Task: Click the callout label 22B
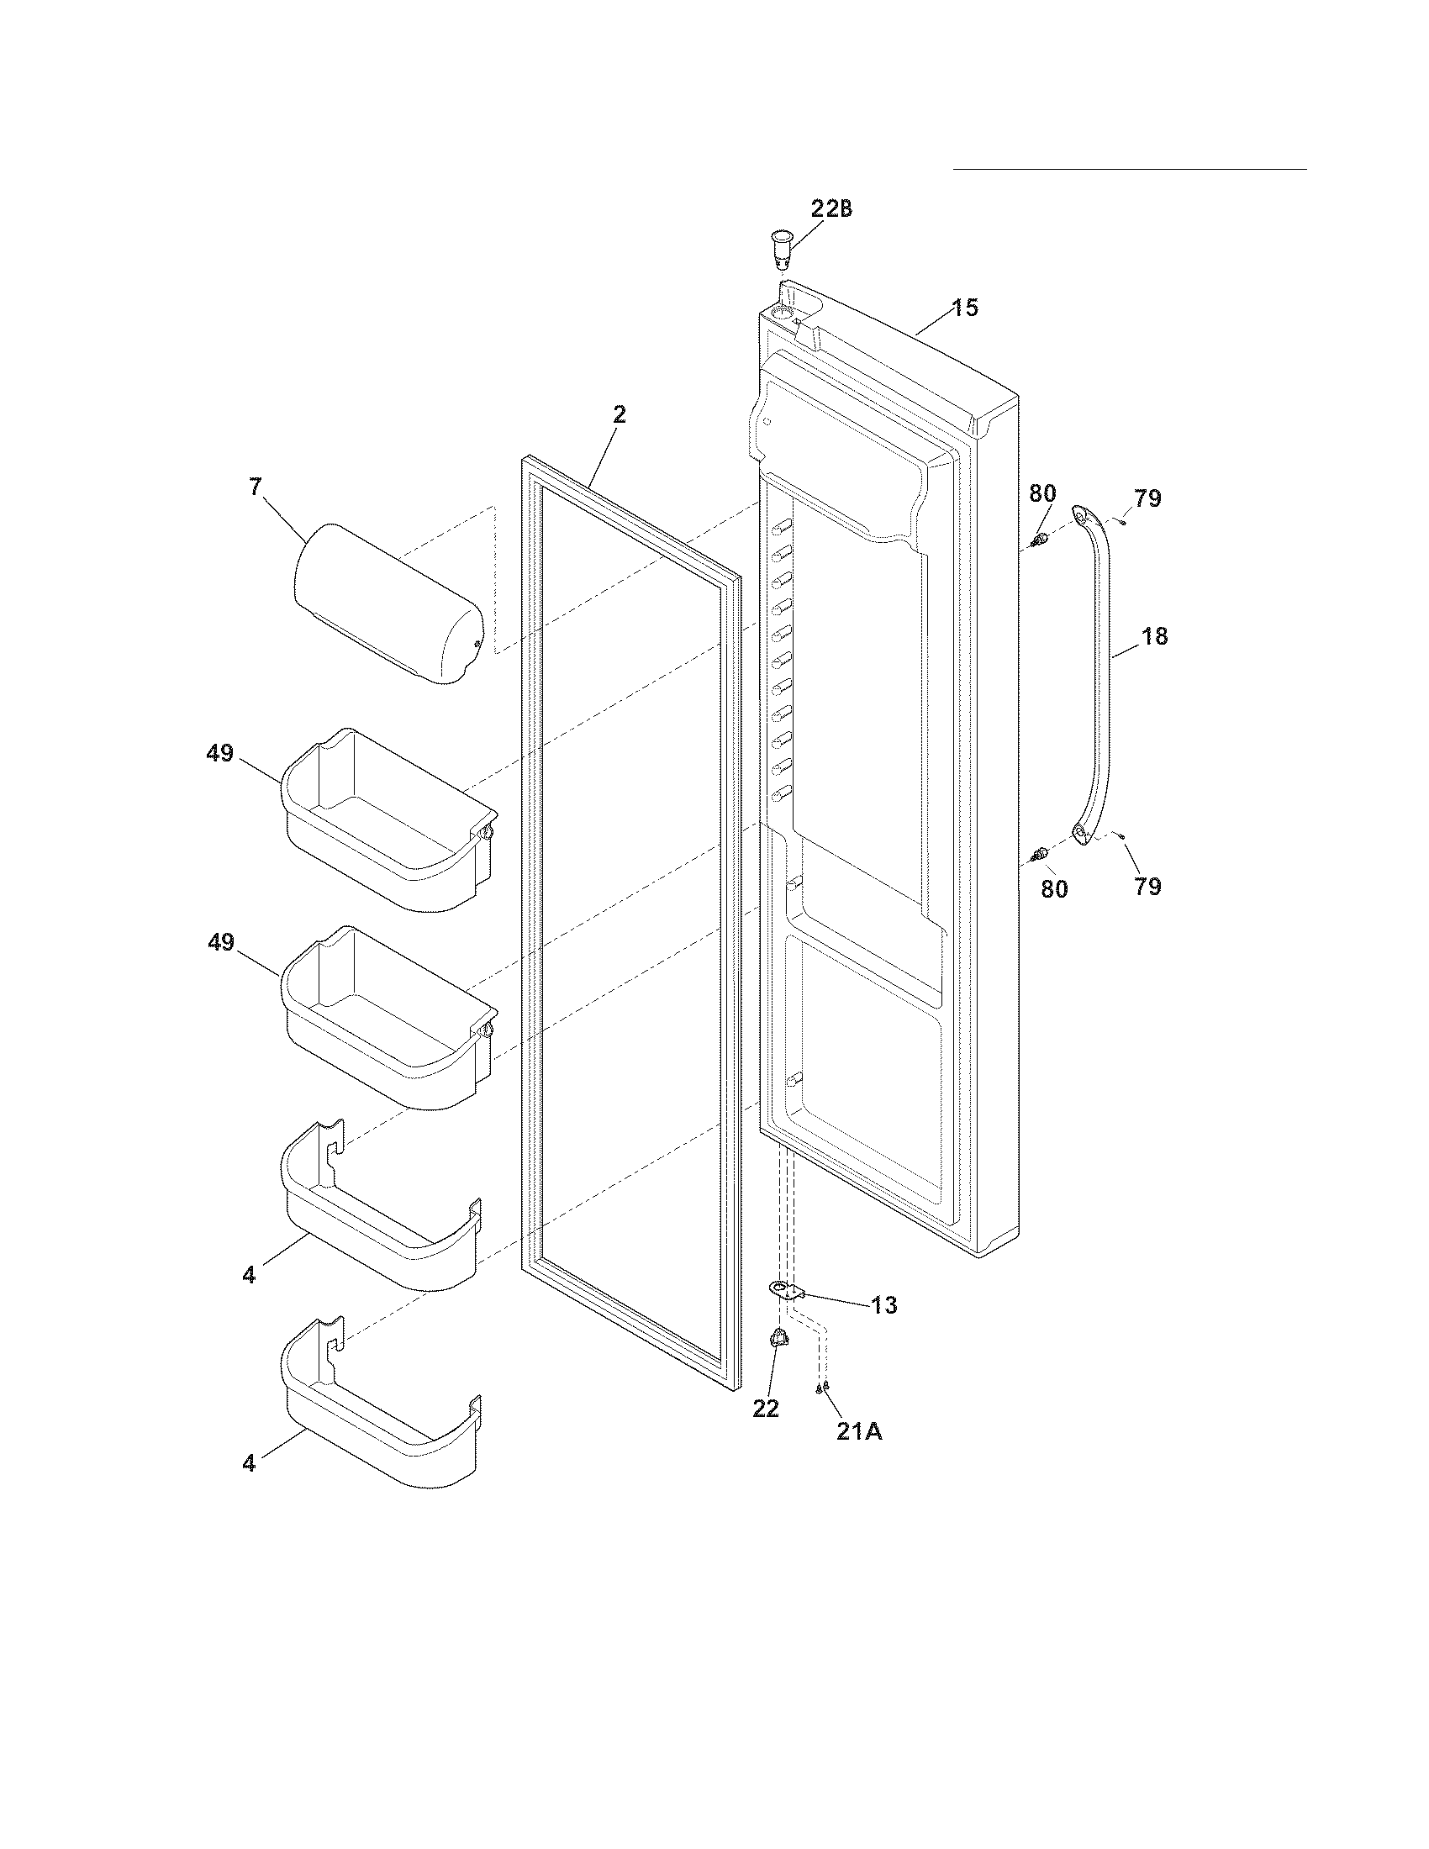coord(831,208)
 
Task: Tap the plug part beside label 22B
coord(781,246)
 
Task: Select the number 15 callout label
coord(964,308)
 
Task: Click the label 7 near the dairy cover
coord(255,487)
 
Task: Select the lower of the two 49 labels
coord(221,942)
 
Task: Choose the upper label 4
coord(248,1275)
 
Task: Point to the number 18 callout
coord(1155,636)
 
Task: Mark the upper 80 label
coord(1042,493)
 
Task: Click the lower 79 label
coord(1147,887)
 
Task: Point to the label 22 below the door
coord(765,1409)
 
